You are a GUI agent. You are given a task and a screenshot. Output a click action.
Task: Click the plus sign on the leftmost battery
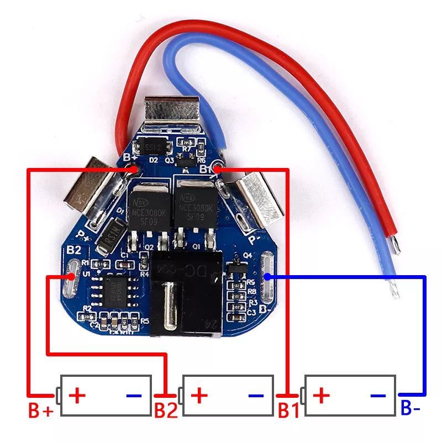tap(77, 395)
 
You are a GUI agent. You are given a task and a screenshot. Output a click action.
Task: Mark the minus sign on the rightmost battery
tap(378, 396)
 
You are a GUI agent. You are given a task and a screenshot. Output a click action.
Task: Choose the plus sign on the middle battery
tap(200, 395)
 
